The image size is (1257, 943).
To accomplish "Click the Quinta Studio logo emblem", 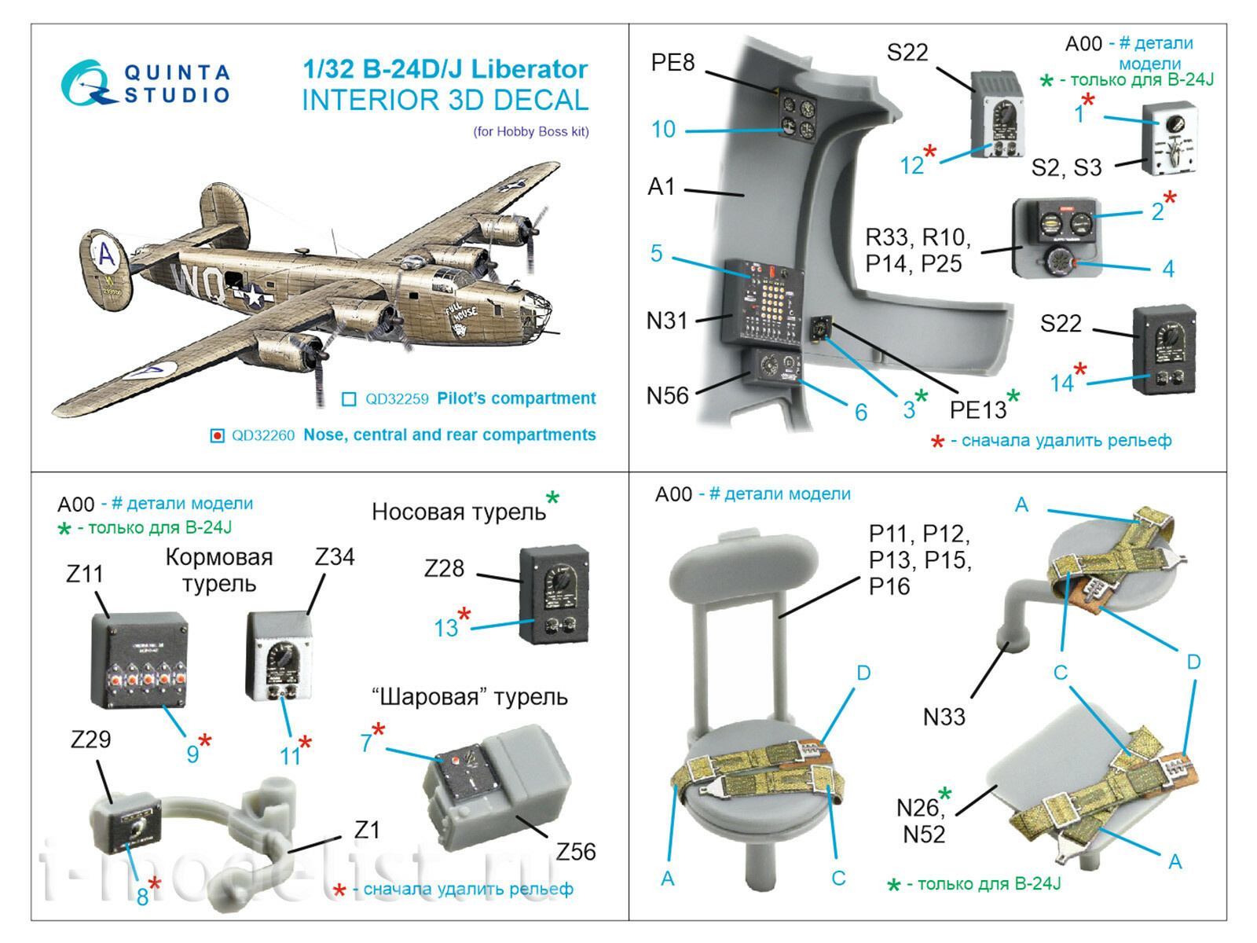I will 85,83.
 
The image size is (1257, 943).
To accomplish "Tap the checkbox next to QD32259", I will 349,399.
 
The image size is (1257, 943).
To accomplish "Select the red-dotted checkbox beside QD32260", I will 218,435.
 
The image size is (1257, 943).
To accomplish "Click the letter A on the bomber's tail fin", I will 106,255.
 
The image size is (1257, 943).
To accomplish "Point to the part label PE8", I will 672,63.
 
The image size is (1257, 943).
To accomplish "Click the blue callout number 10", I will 663,129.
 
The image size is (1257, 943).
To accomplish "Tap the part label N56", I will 667,395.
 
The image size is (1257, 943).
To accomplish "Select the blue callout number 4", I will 1168,269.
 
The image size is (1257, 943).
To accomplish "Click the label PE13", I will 977,409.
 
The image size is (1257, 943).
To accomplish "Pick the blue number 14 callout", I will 1061,383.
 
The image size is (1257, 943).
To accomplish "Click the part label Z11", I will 85,574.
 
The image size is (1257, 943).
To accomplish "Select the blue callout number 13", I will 445,628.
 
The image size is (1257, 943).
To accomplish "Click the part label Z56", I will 576,851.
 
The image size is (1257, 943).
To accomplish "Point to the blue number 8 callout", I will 142,897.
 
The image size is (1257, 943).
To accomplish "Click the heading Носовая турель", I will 458,512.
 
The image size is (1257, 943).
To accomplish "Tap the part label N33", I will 944,717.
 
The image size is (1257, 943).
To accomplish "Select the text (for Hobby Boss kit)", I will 530,131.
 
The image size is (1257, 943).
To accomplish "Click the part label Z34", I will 335,557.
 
